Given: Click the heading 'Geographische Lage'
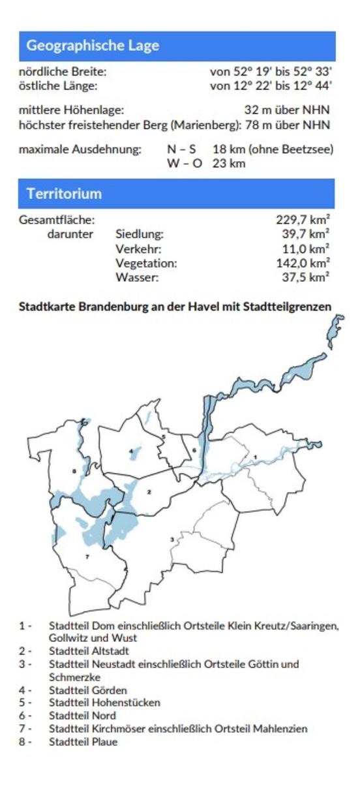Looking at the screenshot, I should (x=93, y=46).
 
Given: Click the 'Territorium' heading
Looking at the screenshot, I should (x=64, y=194).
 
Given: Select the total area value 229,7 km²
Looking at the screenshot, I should (x=303, y=220).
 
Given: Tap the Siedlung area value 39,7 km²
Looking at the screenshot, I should (x=305, y=234).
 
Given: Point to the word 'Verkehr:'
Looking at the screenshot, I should (x=138, y=249).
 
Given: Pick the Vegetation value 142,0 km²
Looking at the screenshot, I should (x=303, y=263).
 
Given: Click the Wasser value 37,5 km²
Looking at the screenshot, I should (x=305, y=277).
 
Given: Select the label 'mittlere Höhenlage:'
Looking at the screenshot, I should (x=71, y=111).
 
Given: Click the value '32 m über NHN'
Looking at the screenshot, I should (x=287, y=111).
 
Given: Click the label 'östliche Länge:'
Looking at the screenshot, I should (x=58, y=85).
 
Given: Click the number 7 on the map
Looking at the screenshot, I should (x=87, y=557).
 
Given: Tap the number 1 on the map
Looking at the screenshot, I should (x=256, y=457).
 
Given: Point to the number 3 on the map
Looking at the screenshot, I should (x=172, y=539).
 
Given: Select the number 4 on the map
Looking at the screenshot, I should (x=131, y=450).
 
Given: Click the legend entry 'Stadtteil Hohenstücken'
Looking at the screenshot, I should (x=104, y=703).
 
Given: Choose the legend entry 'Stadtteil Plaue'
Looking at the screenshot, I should (x=83, y=742).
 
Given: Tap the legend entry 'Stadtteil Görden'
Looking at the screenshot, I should (x=88, y=690).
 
